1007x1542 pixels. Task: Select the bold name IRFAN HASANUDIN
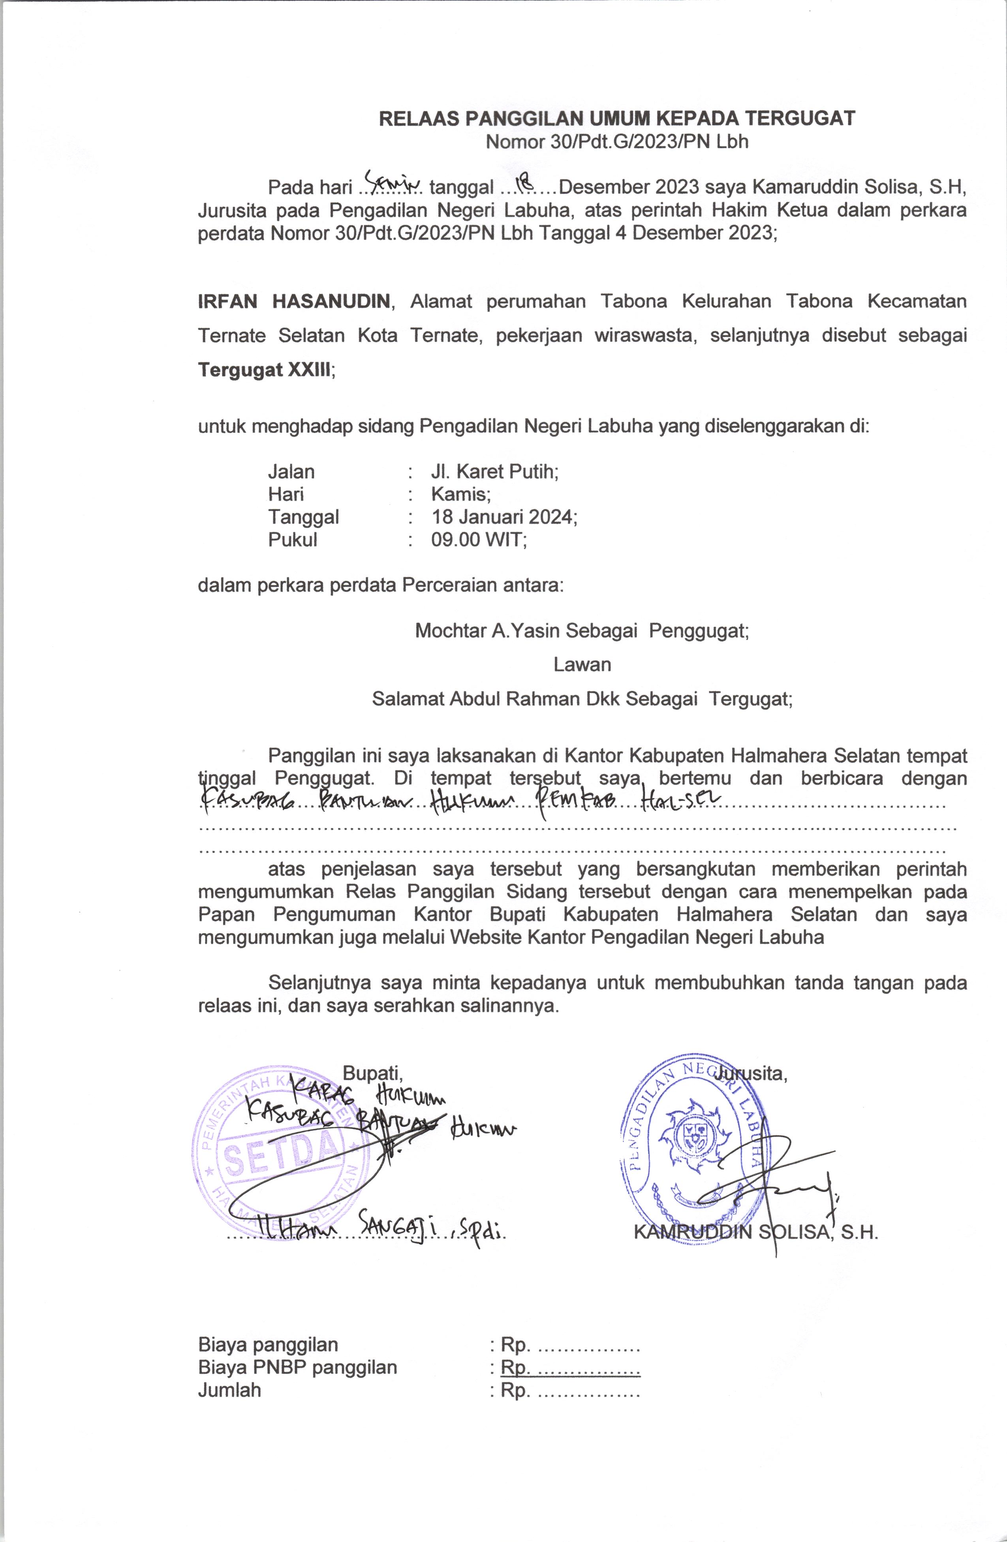coord(294,301)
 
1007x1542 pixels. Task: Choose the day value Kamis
coord(461,494)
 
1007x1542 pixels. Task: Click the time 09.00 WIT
coord(479,539)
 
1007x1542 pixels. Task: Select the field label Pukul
coord(293,539)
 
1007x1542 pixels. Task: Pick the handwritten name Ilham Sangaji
coord(363,1229)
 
